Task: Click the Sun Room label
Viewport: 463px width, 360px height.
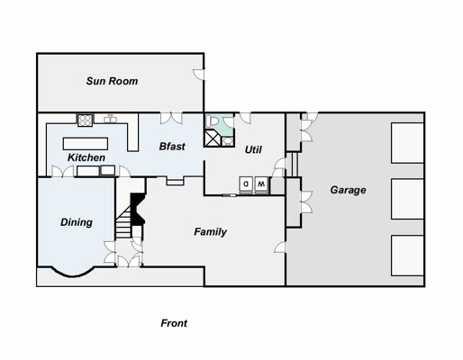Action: click(x=112, y=81)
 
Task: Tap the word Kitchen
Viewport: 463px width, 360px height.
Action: click(x=86, y=157)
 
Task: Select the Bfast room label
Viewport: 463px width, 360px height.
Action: click(x=172, y=147)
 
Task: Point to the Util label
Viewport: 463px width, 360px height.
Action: click(x=253, y=149)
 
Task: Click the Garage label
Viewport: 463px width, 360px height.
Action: click(x=348, y=190)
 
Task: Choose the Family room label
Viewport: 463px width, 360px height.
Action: click(x=210, y=231)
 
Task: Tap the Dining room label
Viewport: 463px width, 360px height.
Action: click(x=77, y=222)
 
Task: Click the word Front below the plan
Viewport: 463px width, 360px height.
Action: click(x=174, y=323)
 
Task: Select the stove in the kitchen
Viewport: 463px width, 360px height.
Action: click(x=86, y=120)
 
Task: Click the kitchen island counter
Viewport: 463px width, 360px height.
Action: click(x=86, y=144)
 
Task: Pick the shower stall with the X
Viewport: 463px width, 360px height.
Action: click(x=213, y=138)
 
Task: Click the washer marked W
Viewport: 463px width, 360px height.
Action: click(x=261, y=184)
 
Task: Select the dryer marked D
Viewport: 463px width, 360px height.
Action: click(x=246, y=184)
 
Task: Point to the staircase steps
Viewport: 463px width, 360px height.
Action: click(x=123, y=222)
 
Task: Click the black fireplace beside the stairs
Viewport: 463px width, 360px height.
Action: click(x=138, y=209)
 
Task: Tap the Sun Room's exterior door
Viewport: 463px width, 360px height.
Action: click(x=199, y=75)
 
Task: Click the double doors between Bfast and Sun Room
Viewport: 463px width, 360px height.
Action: click(x=171, y=118)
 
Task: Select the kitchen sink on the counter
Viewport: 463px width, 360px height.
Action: click(x=111, y=119)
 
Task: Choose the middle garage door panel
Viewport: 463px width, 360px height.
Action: click(x=407, y=199)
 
